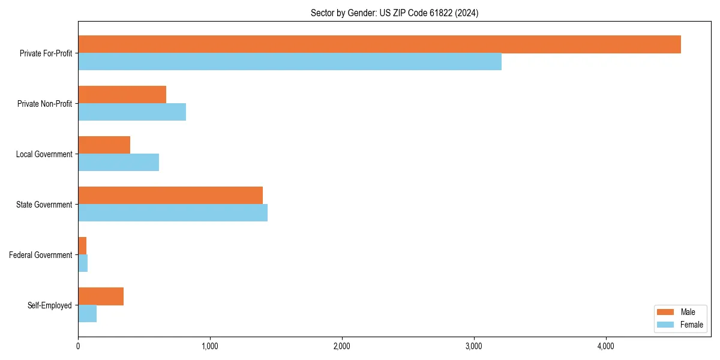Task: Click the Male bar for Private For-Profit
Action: (x=379, y=44)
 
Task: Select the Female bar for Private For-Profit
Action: (x=290, y=62)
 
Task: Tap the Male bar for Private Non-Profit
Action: (x=122, y=95)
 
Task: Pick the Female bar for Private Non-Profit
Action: (x=132, y=112)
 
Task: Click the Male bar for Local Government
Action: (x=104, y=145)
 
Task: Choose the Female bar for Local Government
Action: (x=118, y=163)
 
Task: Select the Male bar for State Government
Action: (x=170, y=196)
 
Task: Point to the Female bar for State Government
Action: (x=173, y=213)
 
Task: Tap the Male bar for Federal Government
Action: (x=82, y=246)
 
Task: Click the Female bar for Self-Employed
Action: (x=87, y=314)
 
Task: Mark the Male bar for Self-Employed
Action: (x=101, y=296)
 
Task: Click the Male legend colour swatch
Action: (x=666, y=312)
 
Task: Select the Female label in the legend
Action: (x=691, y=325)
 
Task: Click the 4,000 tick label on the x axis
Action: (x=606, y=346)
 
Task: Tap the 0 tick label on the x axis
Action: (x=78, y=346)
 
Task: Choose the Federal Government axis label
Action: (x=41, y=255)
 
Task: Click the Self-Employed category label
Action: (x=50, y=305)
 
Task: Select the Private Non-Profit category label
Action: (x=44, y=104)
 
